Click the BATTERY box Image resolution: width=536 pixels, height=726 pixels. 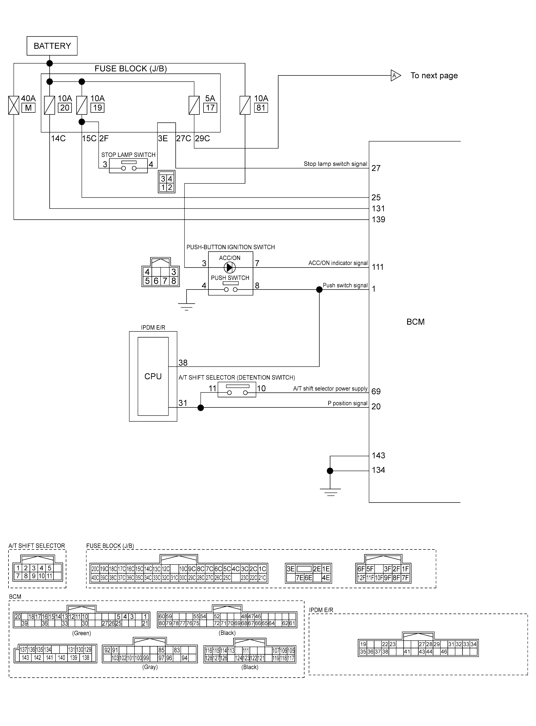point(52,46)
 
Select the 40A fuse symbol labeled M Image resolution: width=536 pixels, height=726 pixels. point(14,105)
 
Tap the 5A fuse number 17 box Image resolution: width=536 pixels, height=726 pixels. point(210,108)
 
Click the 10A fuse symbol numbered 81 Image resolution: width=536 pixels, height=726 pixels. point(245,105)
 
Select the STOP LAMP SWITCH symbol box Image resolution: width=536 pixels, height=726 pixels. point(128,166)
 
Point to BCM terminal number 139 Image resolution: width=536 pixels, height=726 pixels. point(378,219)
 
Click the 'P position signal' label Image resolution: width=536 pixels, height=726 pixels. point(347,403)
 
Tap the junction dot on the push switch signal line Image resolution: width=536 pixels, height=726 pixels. point(319,290)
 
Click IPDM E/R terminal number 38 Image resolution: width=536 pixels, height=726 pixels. point(183,362)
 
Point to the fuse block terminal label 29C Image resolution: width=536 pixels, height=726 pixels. point(202,138)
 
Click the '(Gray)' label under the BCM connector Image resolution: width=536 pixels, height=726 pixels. point(150,667)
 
